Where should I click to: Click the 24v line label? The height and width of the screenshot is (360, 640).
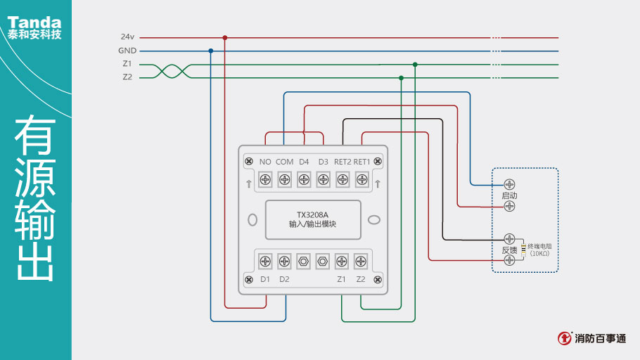pos(127,37)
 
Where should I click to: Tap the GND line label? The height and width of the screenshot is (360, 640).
pos(127,51)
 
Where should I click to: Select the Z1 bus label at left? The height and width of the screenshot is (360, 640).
pos(127,64)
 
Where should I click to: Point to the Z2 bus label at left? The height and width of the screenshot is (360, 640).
pos(127,77)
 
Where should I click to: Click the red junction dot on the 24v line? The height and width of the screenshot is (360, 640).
pos(225,37)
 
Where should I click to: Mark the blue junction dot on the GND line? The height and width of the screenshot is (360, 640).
pos(211,51)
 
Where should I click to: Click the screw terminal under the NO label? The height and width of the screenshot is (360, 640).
pos(266,179)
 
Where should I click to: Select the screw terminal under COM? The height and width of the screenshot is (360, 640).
pos(285,179)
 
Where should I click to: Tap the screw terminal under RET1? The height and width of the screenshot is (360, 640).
pos(361,179)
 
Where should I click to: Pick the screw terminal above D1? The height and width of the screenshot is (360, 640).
pos(266,261)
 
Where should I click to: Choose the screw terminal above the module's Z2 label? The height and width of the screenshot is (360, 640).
pos(361,261)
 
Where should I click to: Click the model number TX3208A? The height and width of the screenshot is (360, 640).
pos(312,214)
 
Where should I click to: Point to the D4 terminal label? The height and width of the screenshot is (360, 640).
pos(304,162)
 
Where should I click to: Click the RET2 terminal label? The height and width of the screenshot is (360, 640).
pos(343,162)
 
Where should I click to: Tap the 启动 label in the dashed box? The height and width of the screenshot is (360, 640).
pos(509,195)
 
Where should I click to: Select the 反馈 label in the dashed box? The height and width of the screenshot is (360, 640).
pos(509,250)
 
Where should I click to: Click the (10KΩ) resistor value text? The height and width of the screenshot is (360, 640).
pos(540,253)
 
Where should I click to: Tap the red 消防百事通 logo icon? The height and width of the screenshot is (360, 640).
pos(564,338)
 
